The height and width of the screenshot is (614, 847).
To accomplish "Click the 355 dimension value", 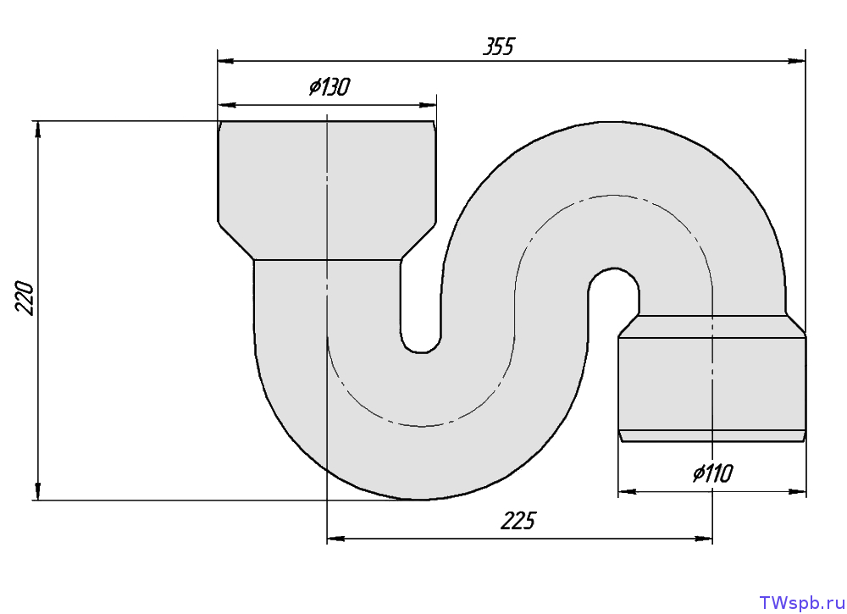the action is click(x=499, y=47).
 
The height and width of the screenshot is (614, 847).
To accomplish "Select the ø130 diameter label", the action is click(x=329, y=86).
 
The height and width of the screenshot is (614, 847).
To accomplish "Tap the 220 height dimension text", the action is click(x=25, y=297).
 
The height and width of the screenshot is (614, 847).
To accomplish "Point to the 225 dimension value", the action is click(x=518, y=521).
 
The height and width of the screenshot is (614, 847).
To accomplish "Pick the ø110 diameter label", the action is click(x=713, y=473).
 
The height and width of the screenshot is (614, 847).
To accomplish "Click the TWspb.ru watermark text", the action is click(x=801, y=602).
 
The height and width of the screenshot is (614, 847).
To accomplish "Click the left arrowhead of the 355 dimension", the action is click(x=226, y=61).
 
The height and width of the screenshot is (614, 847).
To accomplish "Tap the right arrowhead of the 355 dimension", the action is click(x=797, y=61).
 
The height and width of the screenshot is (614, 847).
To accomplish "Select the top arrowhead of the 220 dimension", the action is click(x=38, y=130).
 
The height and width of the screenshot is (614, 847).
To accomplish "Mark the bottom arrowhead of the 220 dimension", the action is click(x=38, y=491).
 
